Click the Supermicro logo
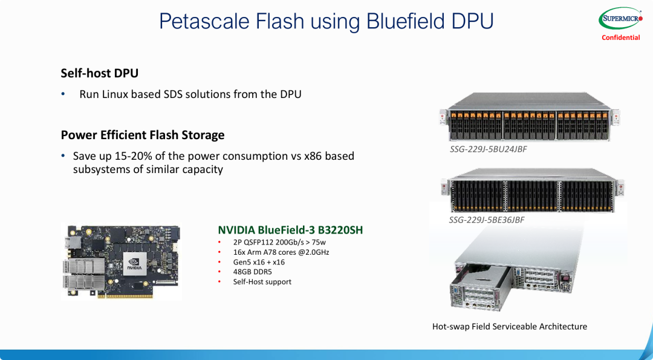620,19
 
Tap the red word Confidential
620,38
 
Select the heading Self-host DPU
100,73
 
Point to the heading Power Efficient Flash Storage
143,135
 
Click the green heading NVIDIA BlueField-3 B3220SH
290,230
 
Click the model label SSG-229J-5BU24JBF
488,149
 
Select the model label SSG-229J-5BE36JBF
486,220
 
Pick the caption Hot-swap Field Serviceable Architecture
509,327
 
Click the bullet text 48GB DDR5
253,272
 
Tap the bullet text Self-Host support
262,282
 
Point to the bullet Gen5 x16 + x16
259,262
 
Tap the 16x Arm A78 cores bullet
281,252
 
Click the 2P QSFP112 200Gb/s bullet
279,242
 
